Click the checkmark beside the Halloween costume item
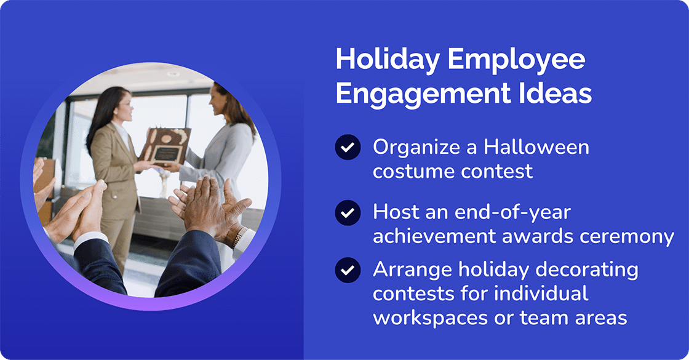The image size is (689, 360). (x=348, y=148)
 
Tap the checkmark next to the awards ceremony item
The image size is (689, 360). (x=348, y=213)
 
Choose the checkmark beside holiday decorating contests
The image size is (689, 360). (x=348, y=270)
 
